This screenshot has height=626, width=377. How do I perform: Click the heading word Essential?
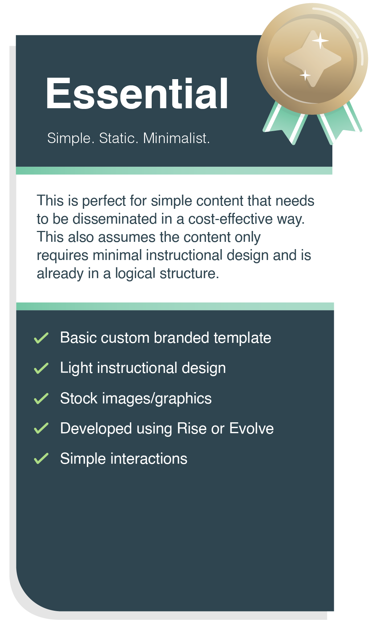(x=137, y=94)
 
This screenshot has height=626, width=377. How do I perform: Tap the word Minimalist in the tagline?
(x=176, y=138)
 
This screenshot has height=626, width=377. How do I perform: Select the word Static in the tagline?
(x=118, y=138)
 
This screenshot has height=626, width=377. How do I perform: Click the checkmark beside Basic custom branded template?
(x=41, y=338)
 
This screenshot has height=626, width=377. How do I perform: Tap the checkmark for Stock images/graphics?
(x=41, y=398)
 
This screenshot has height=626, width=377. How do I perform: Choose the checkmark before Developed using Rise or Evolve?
(x=41, y=428)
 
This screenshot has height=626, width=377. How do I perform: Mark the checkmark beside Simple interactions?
(x=41, y=459)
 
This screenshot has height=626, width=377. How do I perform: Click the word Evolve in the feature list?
(x=251, y=428)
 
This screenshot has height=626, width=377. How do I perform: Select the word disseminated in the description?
(x=118, y=219)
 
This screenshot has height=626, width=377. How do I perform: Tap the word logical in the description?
(x=135, y=273)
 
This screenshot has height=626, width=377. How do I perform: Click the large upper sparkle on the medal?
(x=320, y=40)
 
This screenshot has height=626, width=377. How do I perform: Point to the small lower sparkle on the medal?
(x=305, y=75)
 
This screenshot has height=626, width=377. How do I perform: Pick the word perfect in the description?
(x=104, y=201)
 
